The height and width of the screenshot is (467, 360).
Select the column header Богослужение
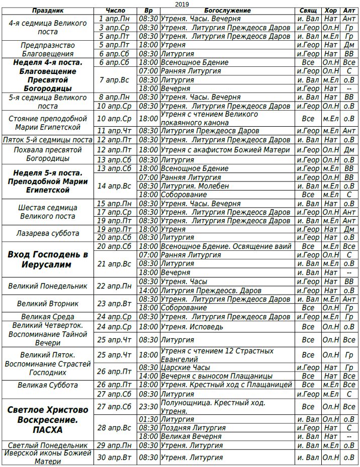pos(227,11)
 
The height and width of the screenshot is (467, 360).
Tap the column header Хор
pos(330,11)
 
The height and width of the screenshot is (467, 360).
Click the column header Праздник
pos(47,11)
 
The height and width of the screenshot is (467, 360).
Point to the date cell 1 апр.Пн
pos(115,19)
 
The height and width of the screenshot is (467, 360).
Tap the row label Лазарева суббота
pos(48,233)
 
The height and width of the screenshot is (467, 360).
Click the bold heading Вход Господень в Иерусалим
pos(47,259)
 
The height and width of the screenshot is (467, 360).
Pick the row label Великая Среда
pos(48,317)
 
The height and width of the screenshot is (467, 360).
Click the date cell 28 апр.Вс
pos(115,428)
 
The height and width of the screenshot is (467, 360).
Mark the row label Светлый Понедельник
pos(48,445)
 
